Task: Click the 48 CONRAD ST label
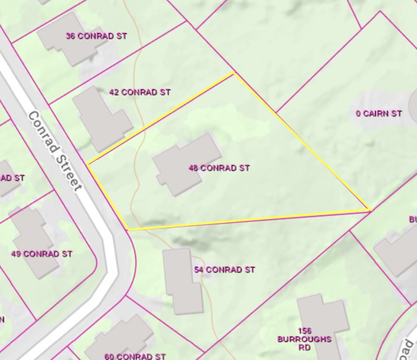click(219, 168)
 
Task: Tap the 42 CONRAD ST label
click(140, 92)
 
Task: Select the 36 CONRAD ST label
click(96, 36)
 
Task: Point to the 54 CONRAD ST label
click(224, 270)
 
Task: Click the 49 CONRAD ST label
click(42, 254)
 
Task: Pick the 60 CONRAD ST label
click(135, 356)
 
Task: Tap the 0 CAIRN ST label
click(379, 114)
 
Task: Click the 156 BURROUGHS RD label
click(304, 339)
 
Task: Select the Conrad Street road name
click(55, 151)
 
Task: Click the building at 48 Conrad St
click(185, 163)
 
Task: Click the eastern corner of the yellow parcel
click(370, 211)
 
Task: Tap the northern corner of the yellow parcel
click(234, 73)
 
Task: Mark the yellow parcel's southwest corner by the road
click(128, 230)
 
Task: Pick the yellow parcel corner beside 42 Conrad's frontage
click(87, 164)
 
